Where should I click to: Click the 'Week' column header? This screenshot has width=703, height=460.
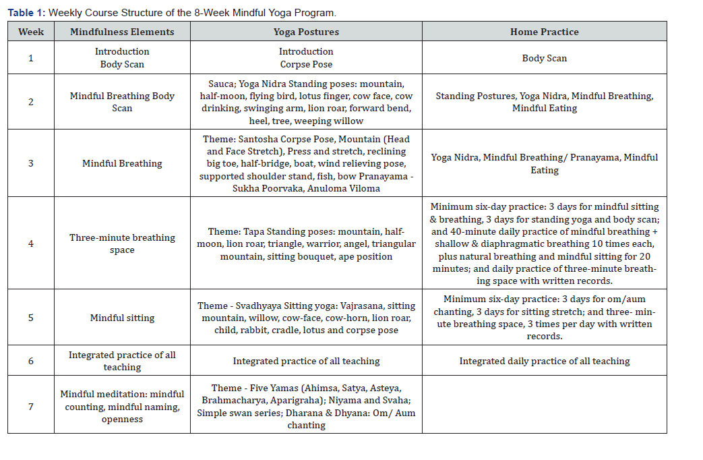pos(31,32)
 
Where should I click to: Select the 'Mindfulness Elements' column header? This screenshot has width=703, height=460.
pos(122,32)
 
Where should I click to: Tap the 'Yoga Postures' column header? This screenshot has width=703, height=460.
pos(306,32)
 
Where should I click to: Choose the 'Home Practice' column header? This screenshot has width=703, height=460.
pos(544,32)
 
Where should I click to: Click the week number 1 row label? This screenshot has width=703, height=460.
pos(31,58)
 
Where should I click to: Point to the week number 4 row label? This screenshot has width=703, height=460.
pos(31,243)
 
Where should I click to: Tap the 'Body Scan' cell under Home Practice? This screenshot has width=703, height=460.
pos(544,58)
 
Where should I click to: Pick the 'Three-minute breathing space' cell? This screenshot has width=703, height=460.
pos(122,243)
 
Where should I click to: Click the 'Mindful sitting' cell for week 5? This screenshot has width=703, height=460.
pos(122,318)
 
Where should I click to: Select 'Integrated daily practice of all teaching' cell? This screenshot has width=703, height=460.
pos(544,361)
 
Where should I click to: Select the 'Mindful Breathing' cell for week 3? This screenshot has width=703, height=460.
pos(122,163)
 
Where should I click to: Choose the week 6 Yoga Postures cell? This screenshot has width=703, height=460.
pos(306,361)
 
